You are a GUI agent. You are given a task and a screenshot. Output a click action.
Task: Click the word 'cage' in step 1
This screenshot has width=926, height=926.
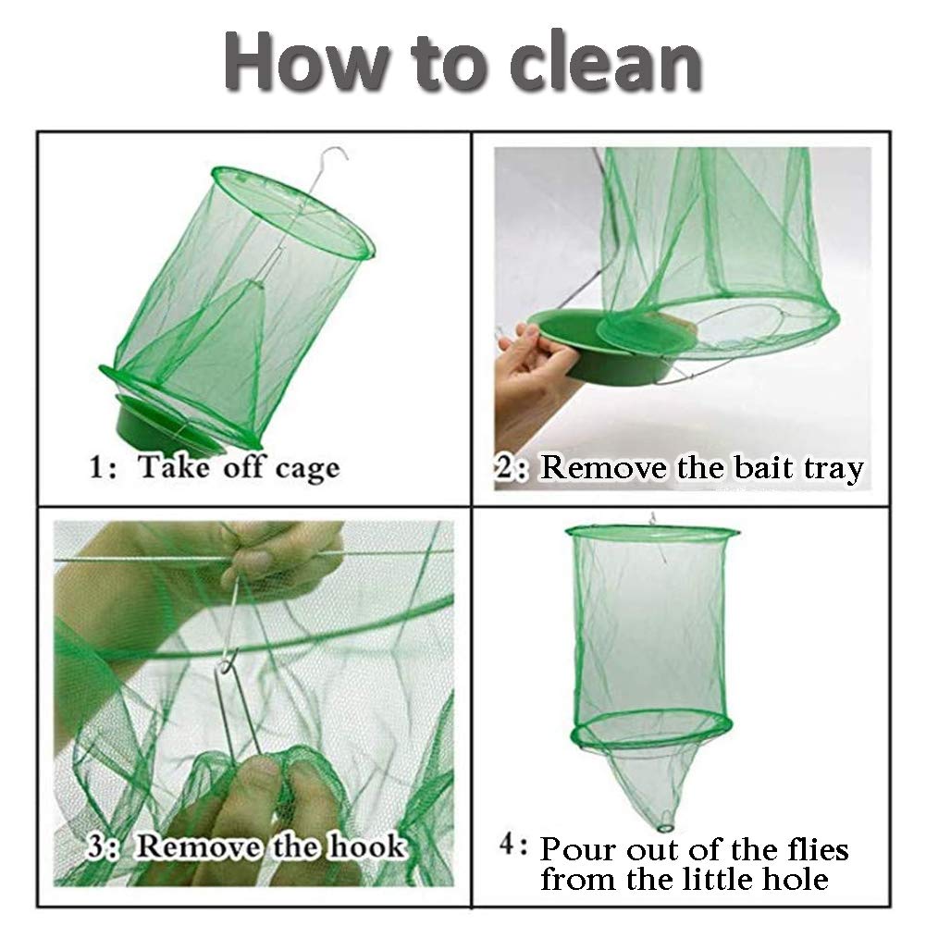pos(307,470)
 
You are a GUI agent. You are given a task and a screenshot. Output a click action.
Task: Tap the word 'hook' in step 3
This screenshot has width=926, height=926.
pos(367,846)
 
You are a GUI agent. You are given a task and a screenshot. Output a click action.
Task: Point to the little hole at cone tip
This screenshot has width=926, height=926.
pos(666,821)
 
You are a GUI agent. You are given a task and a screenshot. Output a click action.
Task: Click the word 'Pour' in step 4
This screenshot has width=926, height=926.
pos(577,850)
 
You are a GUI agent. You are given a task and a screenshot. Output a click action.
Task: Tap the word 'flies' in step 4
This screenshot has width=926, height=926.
pos(818,849)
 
